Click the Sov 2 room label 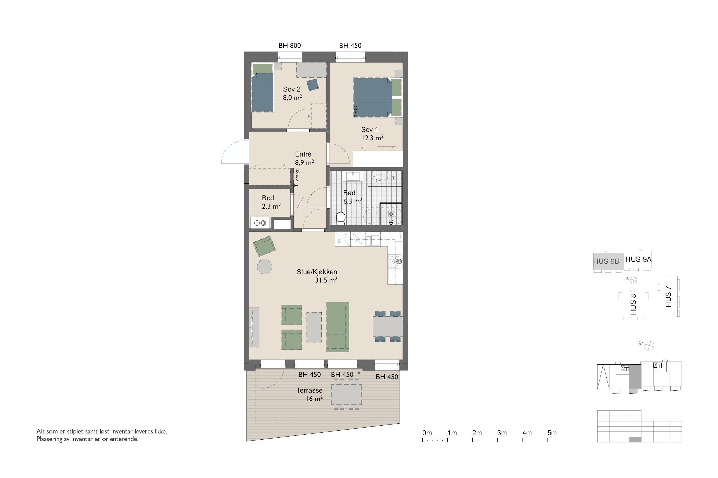291,89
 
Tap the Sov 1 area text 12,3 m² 372,138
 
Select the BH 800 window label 289,46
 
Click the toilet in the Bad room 341,218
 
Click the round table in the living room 264,267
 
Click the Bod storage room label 268,198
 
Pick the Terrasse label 310,390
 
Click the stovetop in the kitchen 395,262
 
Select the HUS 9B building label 606,261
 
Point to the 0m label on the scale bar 427,433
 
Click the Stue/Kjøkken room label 317,272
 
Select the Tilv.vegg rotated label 297,178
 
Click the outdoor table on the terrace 346,395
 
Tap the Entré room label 303,154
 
